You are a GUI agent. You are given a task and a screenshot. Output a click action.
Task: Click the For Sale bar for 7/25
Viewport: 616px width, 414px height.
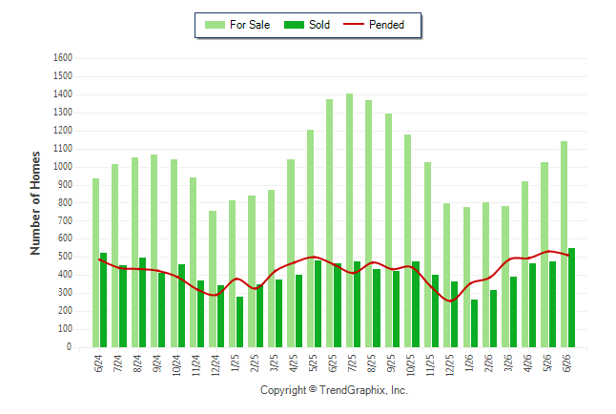pyautogui.click(x=349, y=220)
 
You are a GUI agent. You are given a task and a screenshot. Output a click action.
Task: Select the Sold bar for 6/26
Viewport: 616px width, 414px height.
pyautogui.click(x=571, y=298)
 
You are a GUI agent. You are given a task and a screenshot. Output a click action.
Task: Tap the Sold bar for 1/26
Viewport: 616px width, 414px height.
pyautogui.click(x=474, y=323)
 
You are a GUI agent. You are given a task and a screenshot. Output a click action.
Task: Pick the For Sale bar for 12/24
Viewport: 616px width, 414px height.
pyautogui.click(x=213, y=279)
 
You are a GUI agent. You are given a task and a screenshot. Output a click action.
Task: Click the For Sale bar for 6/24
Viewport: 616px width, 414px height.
pyautogui.click(x=96, y=262)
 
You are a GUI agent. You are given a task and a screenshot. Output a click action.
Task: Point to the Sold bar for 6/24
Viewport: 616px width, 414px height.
pyautogui.click(x=103, y=300)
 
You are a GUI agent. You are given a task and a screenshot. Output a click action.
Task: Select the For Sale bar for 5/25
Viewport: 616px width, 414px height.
pyautogui.click(x=310, y=238)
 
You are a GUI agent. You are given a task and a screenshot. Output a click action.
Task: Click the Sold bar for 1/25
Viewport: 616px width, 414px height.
pyautogui.click(x=239, y=322)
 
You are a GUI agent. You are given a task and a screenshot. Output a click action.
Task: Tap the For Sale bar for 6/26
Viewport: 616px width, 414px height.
pyautogui.click(x=565, y=244)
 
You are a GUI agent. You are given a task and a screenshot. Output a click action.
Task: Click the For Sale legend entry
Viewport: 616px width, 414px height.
pyautogui.click(x=237, y=25)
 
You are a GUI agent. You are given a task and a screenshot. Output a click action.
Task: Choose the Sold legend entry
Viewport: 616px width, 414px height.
pyautogui.click(x=307, y=25)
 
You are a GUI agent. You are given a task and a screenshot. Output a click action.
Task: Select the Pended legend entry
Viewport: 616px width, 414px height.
pyautogui.click(x=374, y=25)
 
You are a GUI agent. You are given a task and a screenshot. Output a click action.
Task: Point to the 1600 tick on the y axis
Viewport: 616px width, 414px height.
pyautogui.click(x=63, y=58)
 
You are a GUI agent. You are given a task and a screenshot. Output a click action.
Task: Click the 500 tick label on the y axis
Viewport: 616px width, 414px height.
pyautogui.click(x=65, y=257)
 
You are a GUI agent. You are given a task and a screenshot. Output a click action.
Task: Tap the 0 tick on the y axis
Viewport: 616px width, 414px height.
pyautogui.click(x=70, y=347)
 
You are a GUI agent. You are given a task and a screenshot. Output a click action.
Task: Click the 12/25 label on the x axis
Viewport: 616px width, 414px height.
pyautogui.click(x=450, y=365)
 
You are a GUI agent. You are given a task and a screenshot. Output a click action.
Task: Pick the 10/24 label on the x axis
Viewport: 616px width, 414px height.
pyautogui.click(x=176, y=365)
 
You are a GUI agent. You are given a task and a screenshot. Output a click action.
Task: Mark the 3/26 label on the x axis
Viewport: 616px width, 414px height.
pyautogui.click(x=508, y=362)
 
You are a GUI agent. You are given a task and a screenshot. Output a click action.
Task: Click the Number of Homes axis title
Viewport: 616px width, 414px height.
pyautogui.click(x=35, y=203)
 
